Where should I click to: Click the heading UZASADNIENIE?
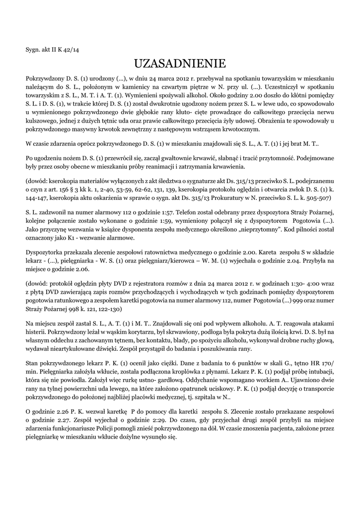180,63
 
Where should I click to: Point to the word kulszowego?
42,121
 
